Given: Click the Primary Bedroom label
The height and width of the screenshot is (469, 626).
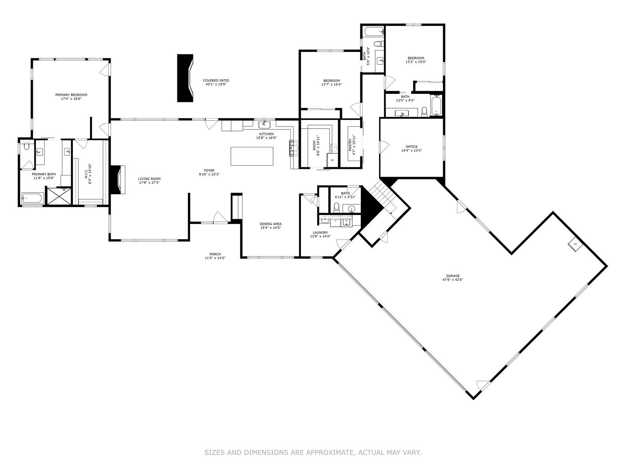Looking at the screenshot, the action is [x=71, y=95].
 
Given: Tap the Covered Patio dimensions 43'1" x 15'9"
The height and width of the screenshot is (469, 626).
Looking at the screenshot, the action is [x=216, y=84].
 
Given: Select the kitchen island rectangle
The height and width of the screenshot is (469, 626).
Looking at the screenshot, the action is [x=252, y=156].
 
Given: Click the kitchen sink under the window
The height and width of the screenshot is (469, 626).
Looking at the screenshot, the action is [x=264, y=124].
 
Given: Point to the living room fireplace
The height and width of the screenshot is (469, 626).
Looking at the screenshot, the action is [x=117, y=180].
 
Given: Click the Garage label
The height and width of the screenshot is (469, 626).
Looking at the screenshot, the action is [x=453, y=276].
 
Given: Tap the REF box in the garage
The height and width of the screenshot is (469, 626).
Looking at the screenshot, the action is [x=575, y=244].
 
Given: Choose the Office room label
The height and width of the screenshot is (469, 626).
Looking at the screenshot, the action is [x=412, y=147].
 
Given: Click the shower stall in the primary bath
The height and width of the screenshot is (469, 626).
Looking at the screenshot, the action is [x=59, y=196].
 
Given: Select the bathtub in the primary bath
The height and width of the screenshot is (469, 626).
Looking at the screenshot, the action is [x=33, y=198].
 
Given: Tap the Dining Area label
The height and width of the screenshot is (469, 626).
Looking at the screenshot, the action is [x=271, y=224].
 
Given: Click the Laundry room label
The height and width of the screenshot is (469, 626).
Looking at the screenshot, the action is [x=320, y=233].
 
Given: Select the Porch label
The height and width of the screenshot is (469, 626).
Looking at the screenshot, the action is [x=215, y=254].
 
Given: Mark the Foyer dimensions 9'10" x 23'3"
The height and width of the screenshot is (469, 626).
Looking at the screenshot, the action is [x=209, y=174].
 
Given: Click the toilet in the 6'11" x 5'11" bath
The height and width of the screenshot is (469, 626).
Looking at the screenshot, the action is [x=336, y=207].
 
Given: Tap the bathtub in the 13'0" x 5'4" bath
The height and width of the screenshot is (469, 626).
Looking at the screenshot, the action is [x=436, y=106].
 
